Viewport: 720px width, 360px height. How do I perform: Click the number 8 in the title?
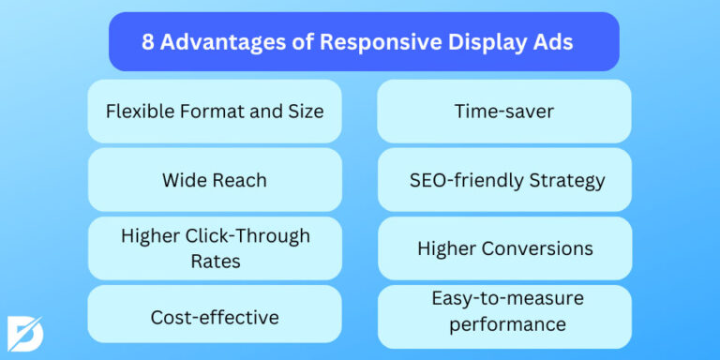pos(148,42)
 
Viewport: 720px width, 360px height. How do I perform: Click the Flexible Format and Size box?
pos(215,112)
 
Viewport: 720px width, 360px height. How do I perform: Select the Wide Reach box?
pos(215,179)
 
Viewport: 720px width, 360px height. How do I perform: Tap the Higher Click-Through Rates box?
pos(215,248)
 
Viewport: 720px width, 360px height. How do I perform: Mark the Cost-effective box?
pos(215,317)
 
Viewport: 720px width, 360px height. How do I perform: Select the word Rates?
pos(215,261)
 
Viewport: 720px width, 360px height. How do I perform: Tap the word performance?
pos(507,324)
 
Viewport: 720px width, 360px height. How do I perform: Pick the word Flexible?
pos(137,112)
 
